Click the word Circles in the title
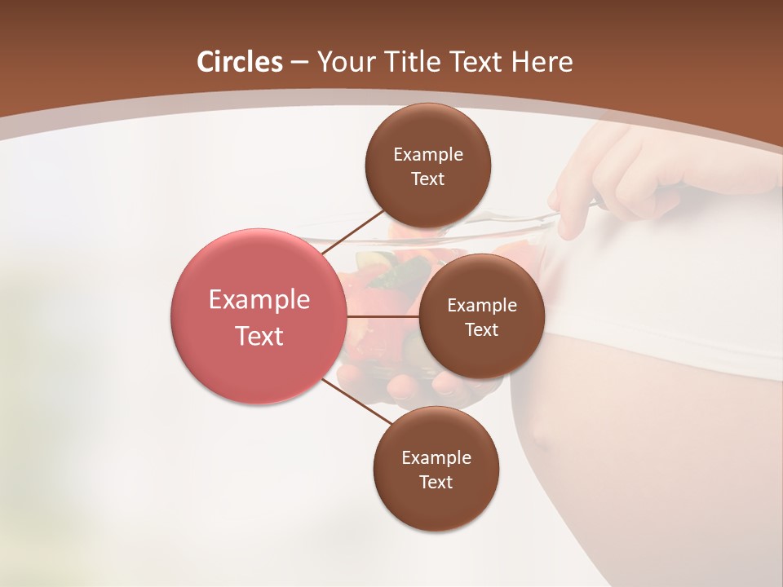tap(240, 62)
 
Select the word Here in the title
tap(542, 62)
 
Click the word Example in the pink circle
tap(259, 300)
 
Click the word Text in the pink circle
tap(259, 336)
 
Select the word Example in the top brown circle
tap(427, 155)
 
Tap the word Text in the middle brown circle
tap(481, 330)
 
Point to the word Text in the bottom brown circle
tap(436, 482)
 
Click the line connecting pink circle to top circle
tap(352, 232)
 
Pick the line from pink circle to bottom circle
tap(356, 402)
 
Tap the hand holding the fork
tap(612, 179)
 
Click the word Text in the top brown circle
tap(427, 179)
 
